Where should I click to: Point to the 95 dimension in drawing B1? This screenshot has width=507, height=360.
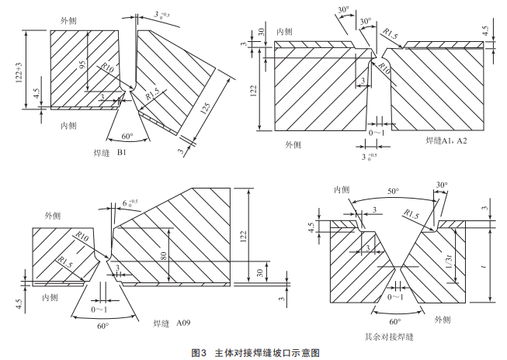click(83, 64)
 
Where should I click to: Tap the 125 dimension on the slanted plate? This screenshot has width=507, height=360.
click(205, 109)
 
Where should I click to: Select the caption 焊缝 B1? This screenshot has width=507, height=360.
click(109, 153)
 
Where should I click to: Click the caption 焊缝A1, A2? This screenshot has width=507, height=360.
click(446, 140)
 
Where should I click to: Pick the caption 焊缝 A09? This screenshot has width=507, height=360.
click(172, 323)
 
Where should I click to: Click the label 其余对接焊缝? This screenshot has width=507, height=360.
click(389, 337)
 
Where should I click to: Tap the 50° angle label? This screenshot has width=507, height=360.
click(394, 191)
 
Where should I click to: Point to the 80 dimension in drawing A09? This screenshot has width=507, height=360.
click(164, 256)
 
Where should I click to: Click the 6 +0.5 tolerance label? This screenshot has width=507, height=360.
click(130, 203)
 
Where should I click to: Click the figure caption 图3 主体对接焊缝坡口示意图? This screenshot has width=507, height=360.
click(255, 352)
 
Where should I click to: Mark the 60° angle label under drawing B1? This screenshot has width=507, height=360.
click(127, 136)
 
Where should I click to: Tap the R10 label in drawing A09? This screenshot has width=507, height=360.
click(82, 236)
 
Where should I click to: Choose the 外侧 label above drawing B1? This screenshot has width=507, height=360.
click(68, 21)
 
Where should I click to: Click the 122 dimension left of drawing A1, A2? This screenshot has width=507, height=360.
click(253, 91)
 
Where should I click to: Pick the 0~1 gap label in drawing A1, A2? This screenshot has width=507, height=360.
click(377, 133)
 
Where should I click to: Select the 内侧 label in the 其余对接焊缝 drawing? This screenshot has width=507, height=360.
click(342, 189)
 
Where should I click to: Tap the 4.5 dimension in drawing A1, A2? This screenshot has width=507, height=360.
click(485, 31)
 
